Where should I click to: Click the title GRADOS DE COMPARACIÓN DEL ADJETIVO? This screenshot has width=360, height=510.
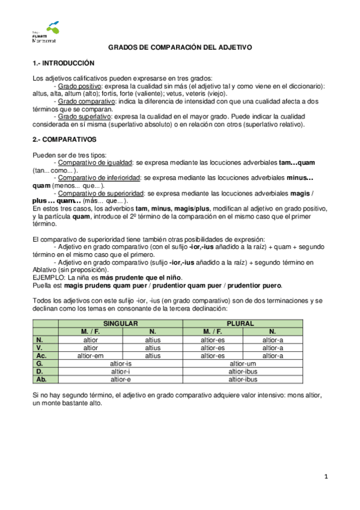(179, 47)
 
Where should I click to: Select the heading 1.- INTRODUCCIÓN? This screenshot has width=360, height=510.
(63, 63)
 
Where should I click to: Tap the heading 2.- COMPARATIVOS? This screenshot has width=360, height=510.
(64, 140)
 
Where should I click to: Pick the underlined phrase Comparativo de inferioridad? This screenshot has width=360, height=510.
(99, 177)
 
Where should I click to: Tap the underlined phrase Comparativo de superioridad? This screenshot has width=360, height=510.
(100, 193)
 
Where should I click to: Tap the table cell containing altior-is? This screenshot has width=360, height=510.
(121, 363)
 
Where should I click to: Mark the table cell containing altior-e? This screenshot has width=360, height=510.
(121, 379)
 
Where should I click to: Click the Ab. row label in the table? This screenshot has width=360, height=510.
(42, 379)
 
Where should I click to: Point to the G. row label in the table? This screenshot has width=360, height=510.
(40, 363)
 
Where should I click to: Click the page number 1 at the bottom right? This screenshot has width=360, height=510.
(326, 477)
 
